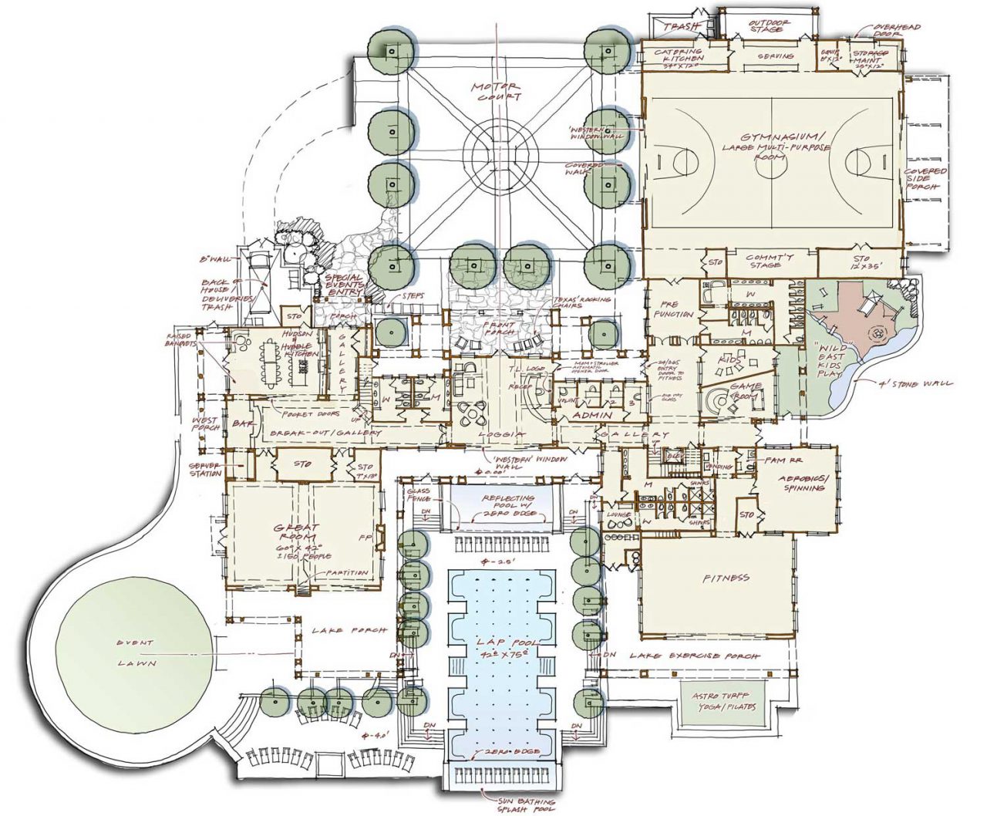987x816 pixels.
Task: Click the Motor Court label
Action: point(498,90)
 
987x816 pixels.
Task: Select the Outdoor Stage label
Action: point(769,26)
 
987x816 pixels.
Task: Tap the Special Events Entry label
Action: point(343,283)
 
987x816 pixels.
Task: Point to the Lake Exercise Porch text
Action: point(694,656)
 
